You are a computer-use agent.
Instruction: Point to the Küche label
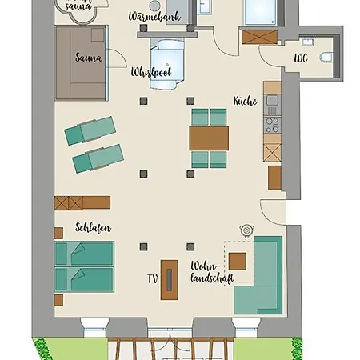tap(244, 102)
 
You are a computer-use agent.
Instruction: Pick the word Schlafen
tap(93, 228)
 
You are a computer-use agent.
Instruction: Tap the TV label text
tap(151, 279)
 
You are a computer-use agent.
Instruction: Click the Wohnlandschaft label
tap(207, 274)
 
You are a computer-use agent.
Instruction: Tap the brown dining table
tap(209, 138)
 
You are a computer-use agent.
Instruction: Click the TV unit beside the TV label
tap(170, 280)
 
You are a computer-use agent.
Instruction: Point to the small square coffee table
tap(238, 261)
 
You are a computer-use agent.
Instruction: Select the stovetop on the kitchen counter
tap(272, 125)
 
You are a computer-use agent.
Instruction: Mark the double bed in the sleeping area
tap(84, 266)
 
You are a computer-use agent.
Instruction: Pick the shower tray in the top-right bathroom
tap(262, 14)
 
